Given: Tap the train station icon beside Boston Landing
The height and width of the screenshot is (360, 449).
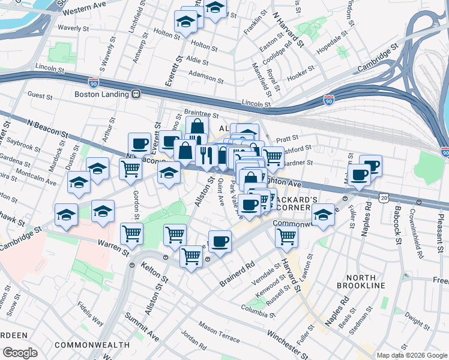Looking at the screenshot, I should (137, 94).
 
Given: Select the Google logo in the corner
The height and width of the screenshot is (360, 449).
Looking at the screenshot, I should (20, 352).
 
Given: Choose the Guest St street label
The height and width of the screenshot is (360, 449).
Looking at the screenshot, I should (40, 95).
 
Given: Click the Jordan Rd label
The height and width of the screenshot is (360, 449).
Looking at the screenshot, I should (193, 341).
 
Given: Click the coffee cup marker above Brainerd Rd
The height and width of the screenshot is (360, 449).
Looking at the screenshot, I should (220, 241).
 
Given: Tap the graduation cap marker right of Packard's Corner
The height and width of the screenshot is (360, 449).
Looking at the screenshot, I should (323, 215).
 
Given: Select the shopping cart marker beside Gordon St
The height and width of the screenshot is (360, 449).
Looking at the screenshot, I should (131, 233).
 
